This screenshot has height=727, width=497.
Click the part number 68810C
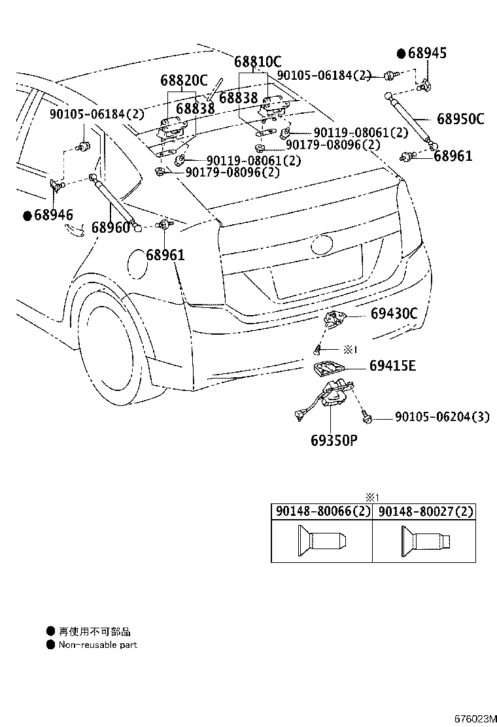pos(258,62)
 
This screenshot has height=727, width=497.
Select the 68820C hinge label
pos(184,80)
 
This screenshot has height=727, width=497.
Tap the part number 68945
pos(428,54)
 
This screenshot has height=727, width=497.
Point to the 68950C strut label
pos(460,119)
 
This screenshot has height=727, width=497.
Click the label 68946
pos(54,215)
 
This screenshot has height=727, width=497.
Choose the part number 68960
pos(111,228)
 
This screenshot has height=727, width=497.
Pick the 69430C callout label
pos(394,313)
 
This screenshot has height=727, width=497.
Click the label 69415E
pos(392,365)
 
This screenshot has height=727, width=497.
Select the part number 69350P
pos(334,439)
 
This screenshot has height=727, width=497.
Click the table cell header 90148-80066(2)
pos(322,512)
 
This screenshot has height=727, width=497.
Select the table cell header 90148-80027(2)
pos(424,512)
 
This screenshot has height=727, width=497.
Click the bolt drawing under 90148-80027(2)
pos(424,541)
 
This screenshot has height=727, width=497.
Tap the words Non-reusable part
pos(98,645)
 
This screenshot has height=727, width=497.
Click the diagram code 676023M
pos(473,719)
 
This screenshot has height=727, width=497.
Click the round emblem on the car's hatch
pos(322,246)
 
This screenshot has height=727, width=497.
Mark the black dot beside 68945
pos(401,53)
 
